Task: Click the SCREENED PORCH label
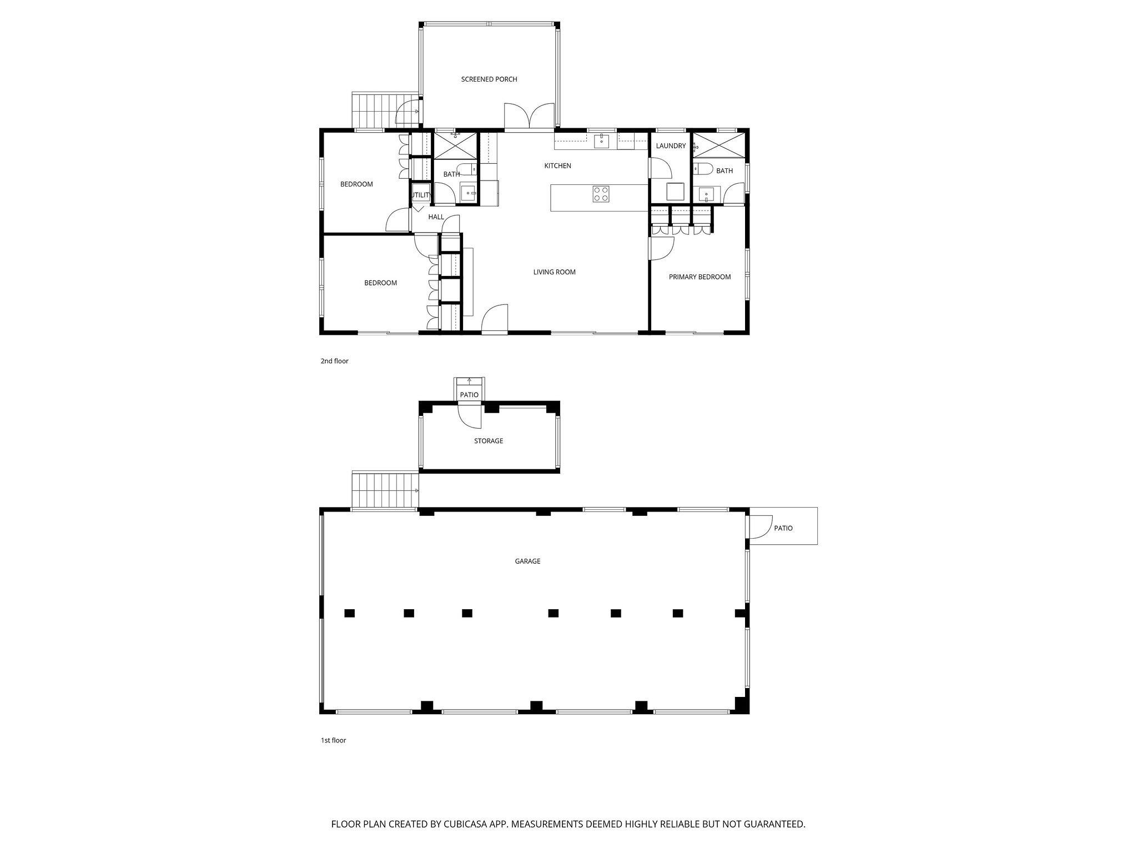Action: pyautogui.click(x=489, y=79)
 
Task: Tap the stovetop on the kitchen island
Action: pyautogui.click(x=601, y=193)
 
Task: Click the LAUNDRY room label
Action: pyautogui.click(x=671, y=146)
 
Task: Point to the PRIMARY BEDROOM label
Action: pyautogui.click(x=699, y=277)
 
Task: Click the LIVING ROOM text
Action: pyautogui.click(x=554, y=272)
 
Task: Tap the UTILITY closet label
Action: pyautogui.click(x=420, y=195)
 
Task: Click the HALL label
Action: pyautogui.click(x=436, y=217)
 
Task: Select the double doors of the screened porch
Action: pyautogui.click(x=530, y=117)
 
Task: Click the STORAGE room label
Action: pyautogui.click(x=488, y=441)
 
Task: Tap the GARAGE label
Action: pyautogui.click(x=527, y=561)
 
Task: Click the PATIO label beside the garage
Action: pyautogui.click(x=783, y=528)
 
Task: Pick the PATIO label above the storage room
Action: pyautogui.click(x=469, y=395)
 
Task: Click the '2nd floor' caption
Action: pyautogui.click(x=334, y=361)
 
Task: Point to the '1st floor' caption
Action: pyautogui.click(x=333, y=740)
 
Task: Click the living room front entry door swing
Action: pyautogui.click(x=495, y=319)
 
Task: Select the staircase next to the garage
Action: pyautogui.click(x=384, y=490)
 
